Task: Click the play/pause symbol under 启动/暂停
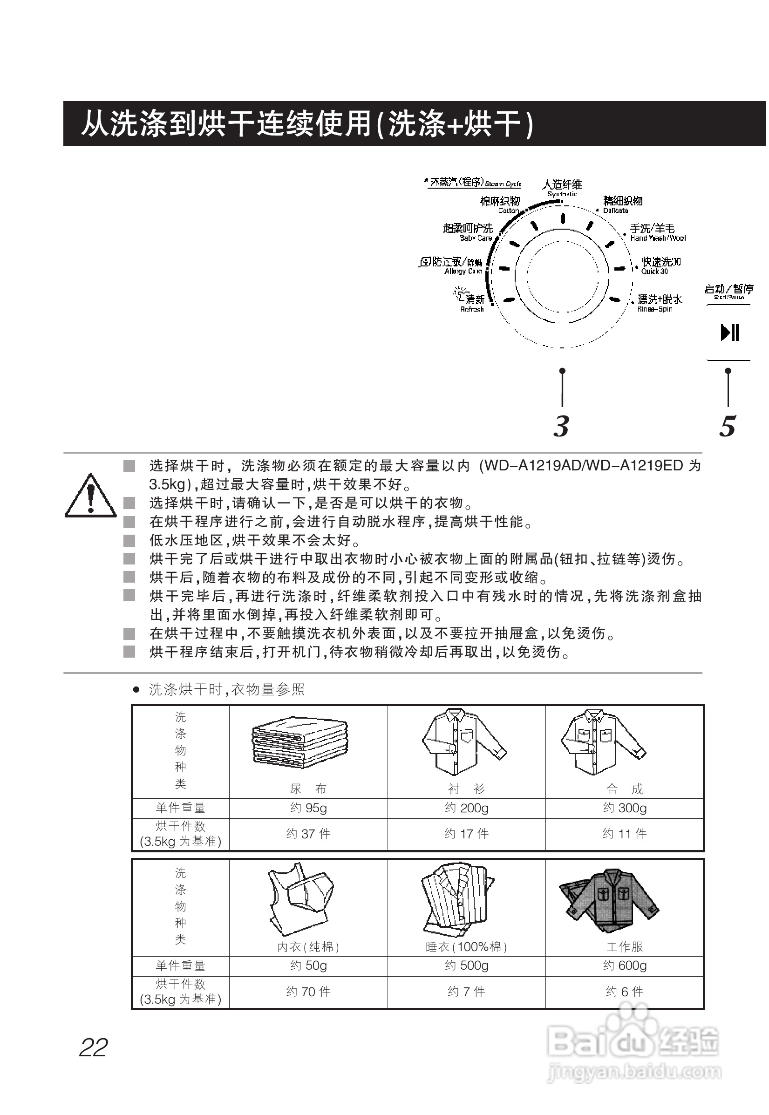pos(729,333)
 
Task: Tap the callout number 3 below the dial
pos(561,426)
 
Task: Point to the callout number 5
pos(728,426)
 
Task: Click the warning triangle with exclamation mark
pos(90,496)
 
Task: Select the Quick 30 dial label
pos(660,265)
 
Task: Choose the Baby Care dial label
pos(468,232)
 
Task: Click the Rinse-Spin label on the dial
pos(659,303)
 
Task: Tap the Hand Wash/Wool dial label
pos(657,232)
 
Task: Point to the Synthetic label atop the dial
pos(562,187)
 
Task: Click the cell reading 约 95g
pos(308,808)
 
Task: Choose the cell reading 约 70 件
pos(308,991)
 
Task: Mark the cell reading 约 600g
pos(625,965)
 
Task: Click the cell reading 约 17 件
pos(466,834)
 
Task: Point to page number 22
pos(94,1047)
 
